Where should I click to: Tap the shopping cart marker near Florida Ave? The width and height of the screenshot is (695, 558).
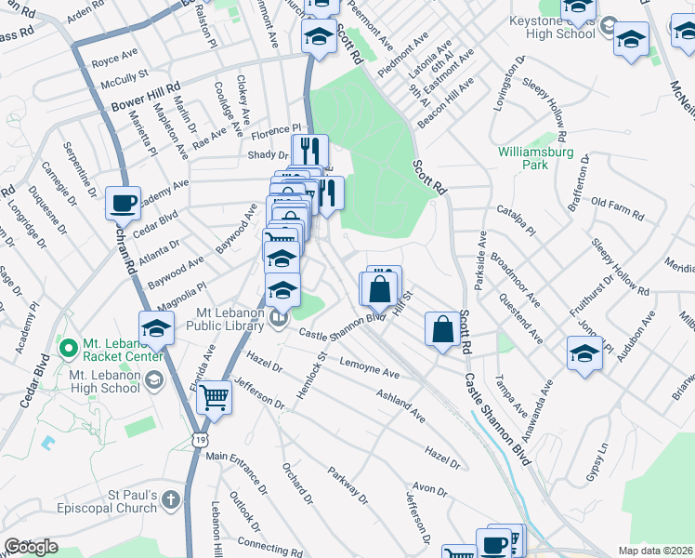pyautogui.click(x=215, y=398)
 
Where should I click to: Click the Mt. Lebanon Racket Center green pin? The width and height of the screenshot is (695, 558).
pyautogui.click(x=67, y=349)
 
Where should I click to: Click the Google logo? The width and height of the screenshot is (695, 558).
pyautogui.click(x=31, y=547)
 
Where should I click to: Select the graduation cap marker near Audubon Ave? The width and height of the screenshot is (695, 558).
pyautogui.click(x=584, y=354)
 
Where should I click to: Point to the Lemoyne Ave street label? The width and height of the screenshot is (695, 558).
pyautogui.click(x=369, y=366)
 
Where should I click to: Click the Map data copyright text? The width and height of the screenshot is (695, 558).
pyautogui.click(x=657, y=551)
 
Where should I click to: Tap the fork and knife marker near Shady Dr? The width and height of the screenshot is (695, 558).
pyautogui.click(x=310, y=152)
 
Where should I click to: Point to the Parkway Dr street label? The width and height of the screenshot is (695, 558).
pyautogui.click(x=348, y=483)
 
